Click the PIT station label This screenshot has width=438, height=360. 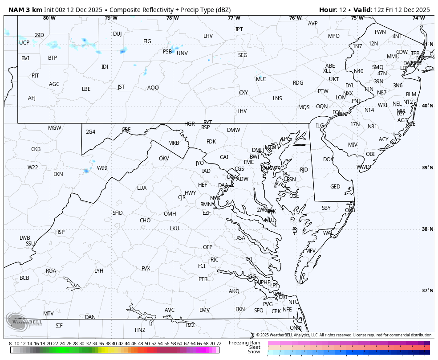pyautogui.click(x=35, y=76)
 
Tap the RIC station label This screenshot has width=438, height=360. pyautogui.click(x=215, y=260)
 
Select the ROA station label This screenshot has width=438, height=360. pyautogui.click(x=51, y=271)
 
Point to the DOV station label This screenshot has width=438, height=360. pyautogui.click(x=328, y=160)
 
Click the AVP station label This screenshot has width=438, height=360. pyautogui.click(x=313, y=24)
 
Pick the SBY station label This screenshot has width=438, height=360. pyautogui.click(x=326, y=208)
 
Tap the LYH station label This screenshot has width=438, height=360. pyautogui.click(x=99, y=271)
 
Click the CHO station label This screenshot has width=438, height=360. pyautogui.click(x=145, y=221)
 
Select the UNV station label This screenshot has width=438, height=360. pyautogui.click(x=182, y=53)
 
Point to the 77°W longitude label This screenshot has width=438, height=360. pyautogui.click(x=234, y=18)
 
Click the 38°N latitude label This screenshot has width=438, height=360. pyautogui.click(x=427, y=229)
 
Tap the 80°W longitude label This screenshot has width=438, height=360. pyautogui.click(x=49, y=18)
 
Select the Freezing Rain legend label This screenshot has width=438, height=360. pyautogui.click(x=244, y=343)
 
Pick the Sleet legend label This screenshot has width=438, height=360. pyautogui.click(x=254, y=347)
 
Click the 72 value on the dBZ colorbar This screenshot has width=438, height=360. pyautogui.click(x=219, y=344)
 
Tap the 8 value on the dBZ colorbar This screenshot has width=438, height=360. pyautogui.click(x=10, y=344)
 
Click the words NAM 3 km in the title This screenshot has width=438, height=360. pyautogui.click(x=25, y=10)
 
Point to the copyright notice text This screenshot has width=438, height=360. pyautogui.click(x=344, y=335)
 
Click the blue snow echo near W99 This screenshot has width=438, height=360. pyautogui.click(x=86, y=171)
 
